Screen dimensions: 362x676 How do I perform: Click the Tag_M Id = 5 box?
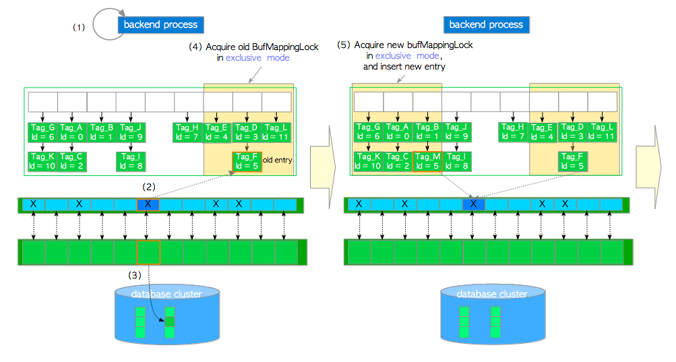tap(427, 162)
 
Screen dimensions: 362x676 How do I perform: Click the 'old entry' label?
tap(277, 160)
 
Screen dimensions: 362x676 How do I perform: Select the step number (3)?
tap(135, 274)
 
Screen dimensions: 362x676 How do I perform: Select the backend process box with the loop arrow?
tap(160, 25)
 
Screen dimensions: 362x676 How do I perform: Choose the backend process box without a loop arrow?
tap(487, 25)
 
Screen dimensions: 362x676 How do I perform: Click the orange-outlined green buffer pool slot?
tap(148, 251)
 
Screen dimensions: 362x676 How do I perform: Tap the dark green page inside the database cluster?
tap(171, 322)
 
